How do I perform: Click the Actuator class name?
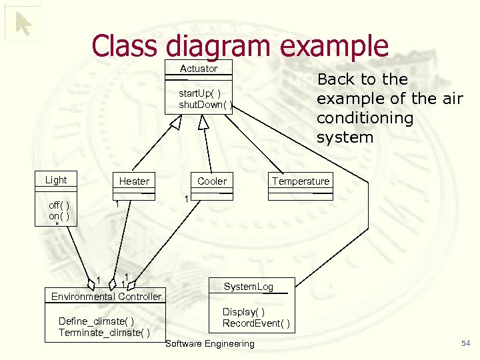(199, 69)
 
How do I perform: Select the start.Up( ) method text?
(200, 93)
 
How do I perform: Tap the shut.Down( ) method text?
(205, 105)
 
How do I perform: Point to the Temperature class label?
(300, 181)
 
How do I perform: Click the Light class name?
(56, 180)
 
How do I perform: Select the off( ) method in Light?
(59, 205)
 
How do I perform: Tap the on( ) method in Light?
(59, 216)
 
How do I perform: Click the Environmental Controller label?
(107, 296)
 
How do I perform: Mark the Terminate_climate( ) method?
(104, 333)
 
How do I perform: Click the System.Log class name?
(249, 287)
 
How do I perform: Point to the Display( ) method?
(244, 312)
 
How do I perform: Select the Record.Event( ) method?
(256, 323)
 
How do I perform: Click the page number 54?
(465, 343)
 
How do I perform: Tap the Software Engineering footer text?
(210, 344)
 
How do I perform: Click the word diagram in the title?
(215, 45)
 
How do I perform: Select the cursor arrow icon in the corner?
(23, 24)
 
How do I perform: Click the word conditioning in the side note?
(365, 118)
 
